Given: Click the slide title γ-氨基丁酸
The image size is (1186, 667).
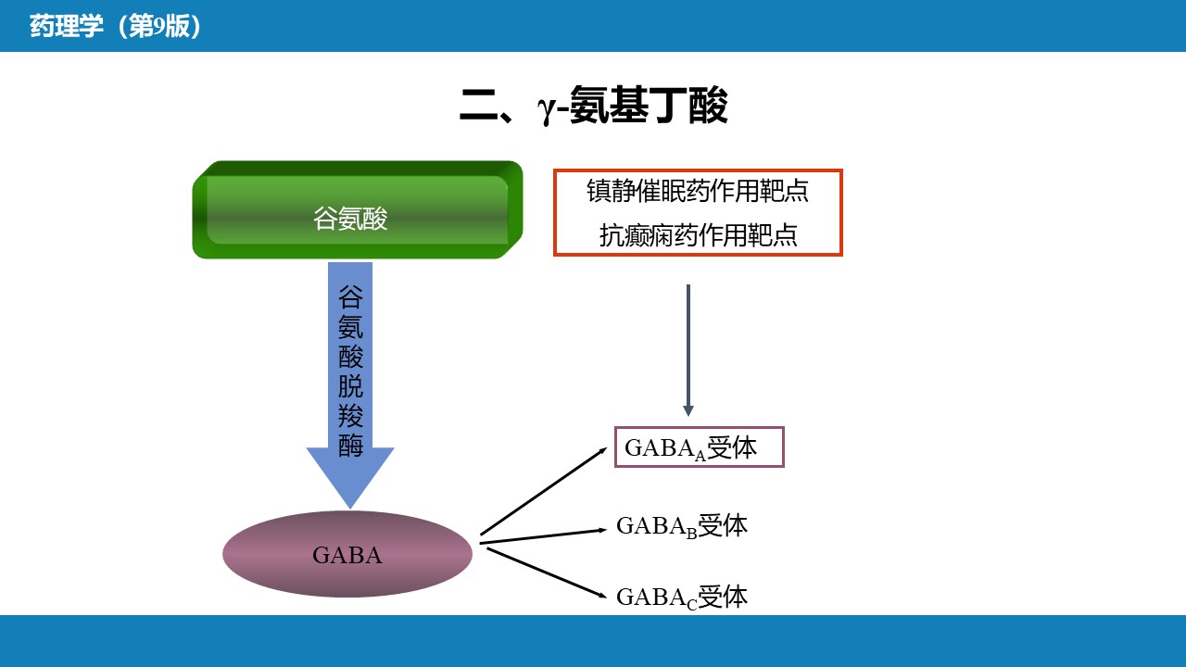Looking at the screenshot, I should coord(593,107).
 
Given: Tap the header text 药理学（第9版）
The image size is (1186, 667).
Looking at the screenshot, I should coord(116,26).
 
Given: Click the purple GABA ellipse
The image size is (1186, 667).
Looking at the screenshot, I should coord(347,554).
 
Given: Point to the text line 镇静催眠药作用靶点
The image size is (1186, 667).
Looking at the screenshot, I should coord(698,191).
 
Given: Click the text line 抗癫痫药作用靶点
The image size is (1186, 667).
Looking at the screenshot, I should coord(698,234).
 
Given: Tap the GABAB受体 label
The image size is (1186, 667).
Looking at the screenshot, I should coord(682,526).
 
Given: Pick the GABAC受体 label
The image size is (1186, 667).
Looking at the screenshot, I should coord(682,598).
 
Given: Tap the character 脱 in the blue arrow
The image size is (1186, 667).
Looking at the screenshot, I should coord(351,385).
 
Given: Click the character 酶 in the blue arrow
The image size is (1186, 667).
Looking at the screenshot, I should coord(351,445).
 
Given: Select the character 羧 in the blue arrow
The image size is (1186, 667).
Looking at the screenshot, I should coord(351,416).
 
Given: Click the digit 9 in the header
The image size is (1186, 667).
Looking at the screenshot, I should coord(159,27).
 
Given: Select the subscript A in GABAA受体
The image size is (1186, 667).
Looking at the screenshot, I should coord(700,455).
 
